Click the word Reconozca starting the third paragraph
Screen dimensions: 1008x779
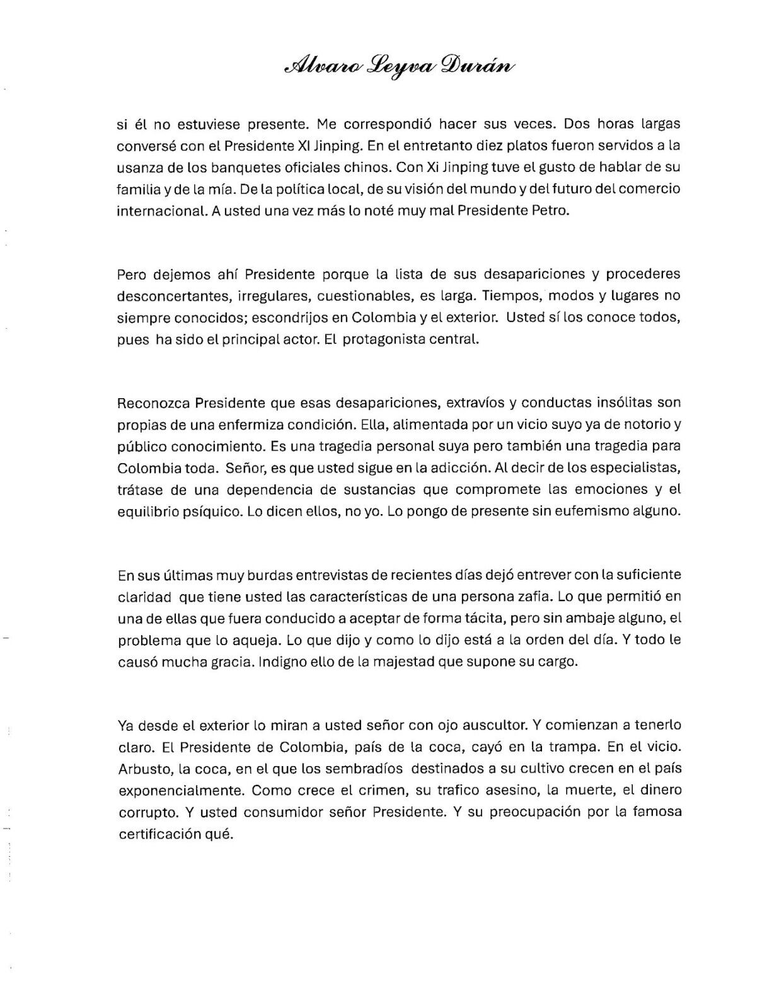[x=153, y=403]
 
